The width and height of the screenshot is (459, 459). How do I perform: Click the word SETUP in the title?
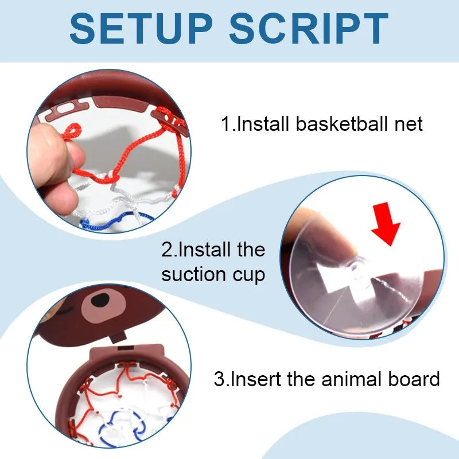(x=141, y=28)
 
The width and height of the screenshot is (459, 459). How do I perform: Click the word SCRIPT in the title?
(x=309, y=28)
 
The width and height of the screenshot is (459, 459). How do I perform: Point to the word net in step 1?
(x=409, y=125)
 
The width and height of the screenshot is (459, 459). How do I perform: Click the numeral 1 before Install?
(x=226, y=123)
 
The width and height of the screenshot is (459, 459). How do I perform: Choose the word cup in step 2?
(x=249, y=276)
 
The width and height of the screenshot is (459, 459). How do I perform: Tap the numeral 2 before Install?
(x=167, y=250)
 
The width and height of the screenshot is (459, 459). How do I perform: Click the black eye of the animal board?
(x=100, y=300)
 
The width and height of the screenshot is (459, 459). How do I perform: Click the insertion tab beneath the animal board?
(x=118, y=336)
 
